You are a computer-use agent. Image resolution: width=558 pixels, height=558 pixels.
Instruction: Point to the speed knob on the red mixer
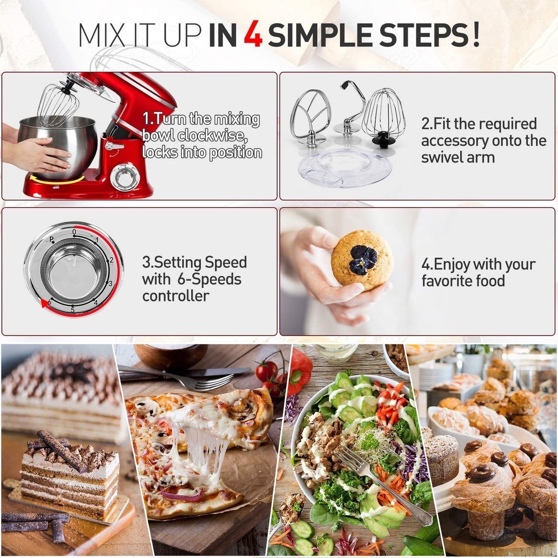tap(121, 176)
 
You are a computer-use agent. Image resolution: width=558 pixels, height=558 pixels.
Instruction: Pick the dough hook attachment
tap(346, 112)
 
